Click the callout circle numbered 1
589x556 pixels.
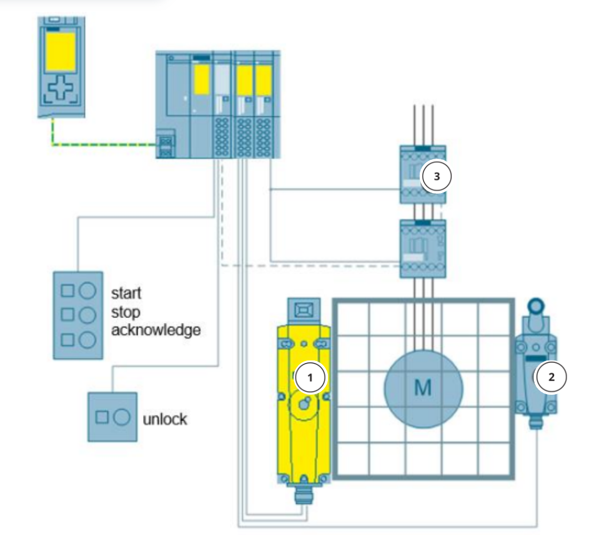310,377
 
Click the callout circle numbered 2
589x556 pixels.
551,377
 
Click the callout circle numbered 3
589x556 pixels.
437,177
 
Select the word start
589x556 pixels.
126,292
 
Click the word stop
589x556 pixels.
126,311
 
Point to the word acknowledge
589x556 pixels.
156,330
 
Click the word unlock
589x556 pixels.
164,419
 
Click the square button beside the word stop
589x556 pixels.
67,315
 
